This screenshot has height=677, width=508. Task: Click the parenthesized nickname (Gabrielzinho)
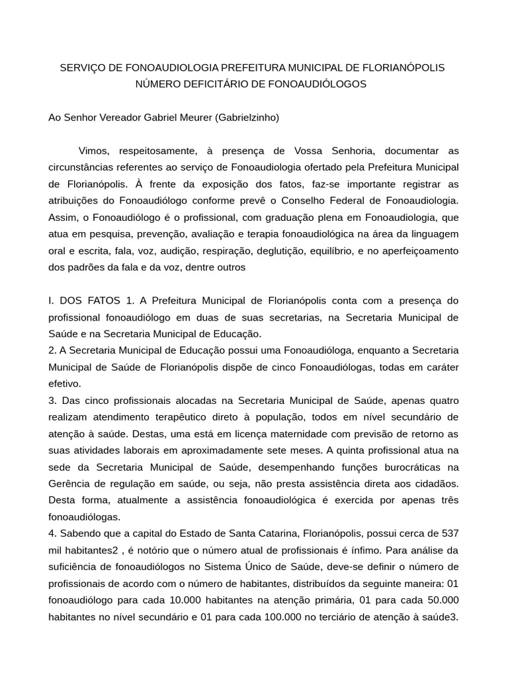click(x=247, y=118)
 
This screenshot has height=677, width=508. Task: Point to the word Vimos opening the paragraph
click(x=93, y=151)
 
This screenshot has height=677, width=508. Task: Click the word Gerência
click(x=69, y=484)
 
